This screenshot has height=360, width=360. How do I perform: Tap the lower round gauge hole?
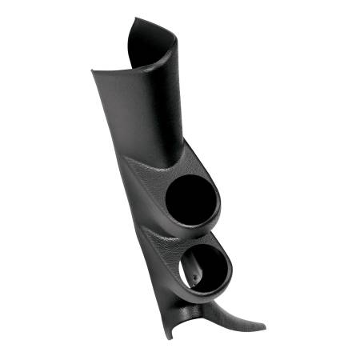207,269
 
